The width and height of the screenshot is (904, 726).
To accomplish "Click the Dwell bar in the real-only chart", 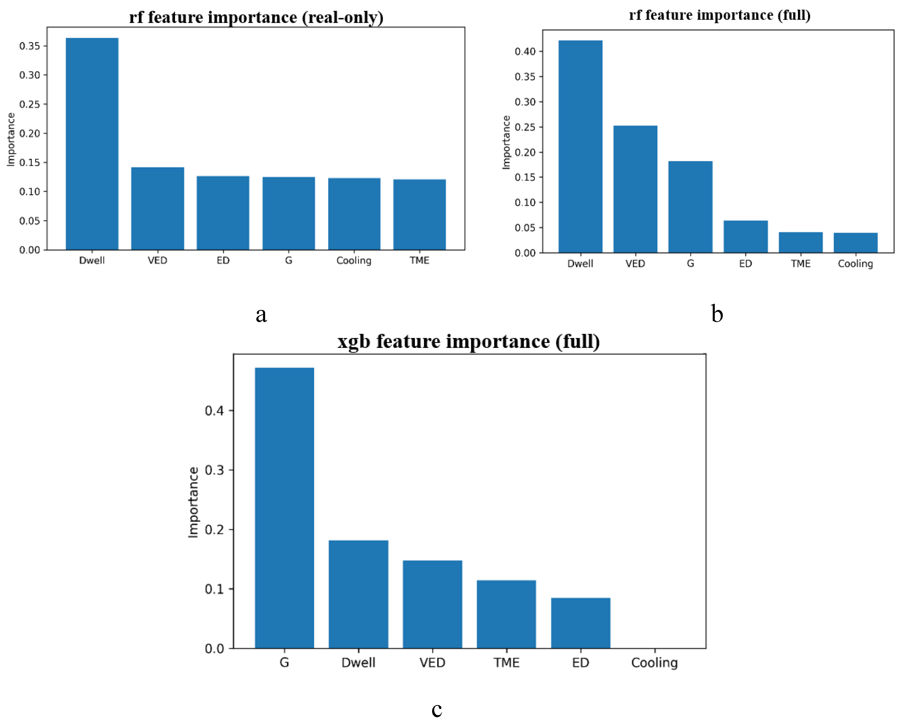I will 92,144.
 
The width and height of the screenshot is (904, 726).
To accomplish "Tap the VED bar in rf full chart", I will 635,189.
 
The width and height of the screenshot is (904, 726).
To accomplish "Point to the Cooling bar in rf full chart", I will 855,243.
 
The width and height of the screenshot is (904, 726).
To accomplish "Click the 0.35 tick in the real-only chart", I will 30,46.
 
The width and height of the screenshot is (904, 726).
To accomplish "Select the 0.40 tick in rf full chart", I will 525,52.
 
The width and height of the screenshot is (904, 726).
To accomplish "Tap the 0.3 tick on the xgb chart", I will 214,470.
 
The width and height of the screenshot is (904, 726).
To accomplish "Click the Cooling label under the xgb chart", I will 655,663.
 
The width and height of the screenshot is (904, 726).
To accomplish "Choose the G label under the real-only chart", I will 289,260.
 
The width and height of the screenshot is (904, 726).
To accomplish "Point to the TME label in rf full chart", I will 800,263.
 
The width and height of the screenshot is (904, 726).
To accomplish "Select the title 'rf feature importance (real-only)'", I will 256,17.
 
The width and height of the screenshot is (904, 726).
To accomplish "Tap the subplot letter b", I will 717,314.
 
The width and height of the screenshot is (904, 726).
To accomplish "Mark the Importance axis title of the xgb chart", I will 193,502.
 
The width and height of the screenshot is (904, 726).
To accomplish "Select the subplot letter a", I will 261,314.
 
